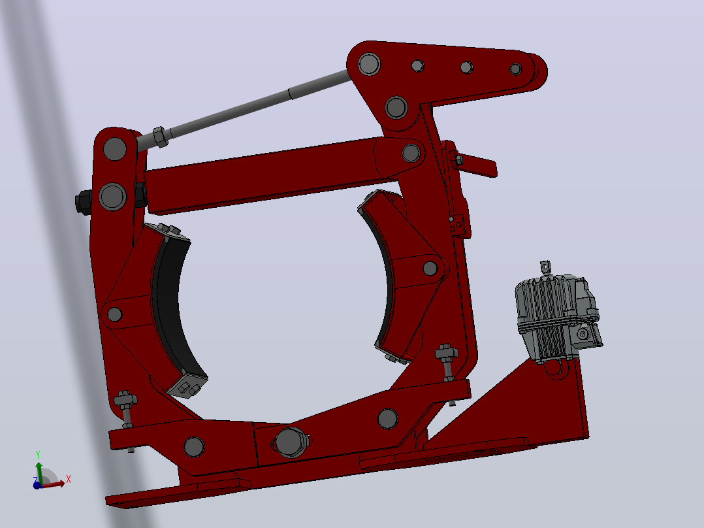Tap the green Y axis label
click(x=38, y=455)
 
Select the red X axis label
click(x=68, y=479)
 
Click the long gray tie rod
click(x=242, y=108)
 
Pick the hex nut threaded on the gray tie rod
click(x=160, y=137)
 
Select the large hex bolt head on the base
click(x=291, y=442)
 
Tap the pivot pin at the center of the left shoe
click(x=114, y=314)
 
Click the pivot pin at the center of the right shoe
click(x=430, y=269)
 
